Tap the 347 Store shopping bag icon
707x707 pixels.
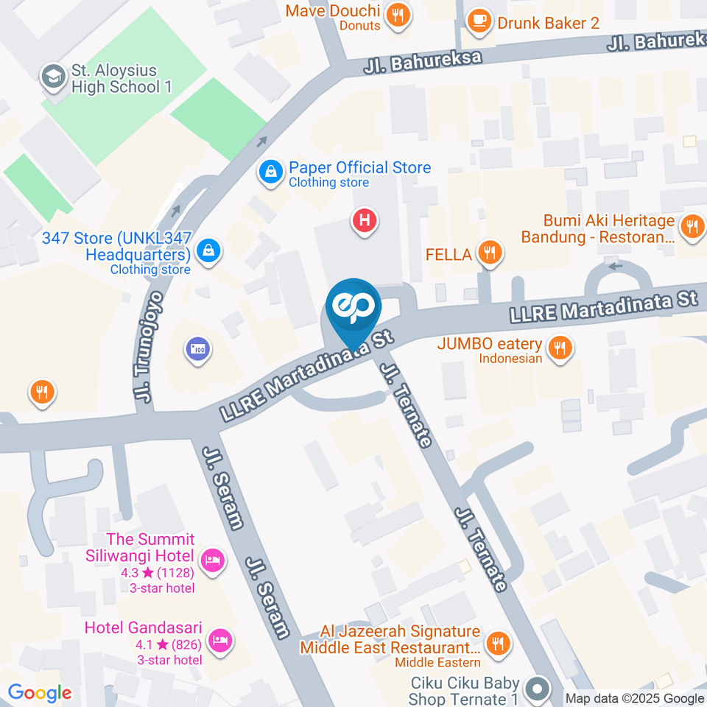[210, 250]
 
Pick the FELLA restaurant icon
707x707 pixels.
[489, 254]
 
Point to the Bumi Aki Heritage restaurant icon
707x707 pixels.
[692, 228]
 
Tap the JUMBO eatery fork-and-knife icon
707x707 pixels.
[560, 348]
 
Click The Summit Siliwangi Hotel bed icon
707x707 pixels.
[213, 562]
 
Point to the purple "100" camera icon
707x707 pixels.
[197, 350]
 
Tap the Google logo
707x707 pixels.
[39, 693]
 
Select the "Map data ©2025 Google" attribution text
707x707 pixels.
[635, 698]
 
